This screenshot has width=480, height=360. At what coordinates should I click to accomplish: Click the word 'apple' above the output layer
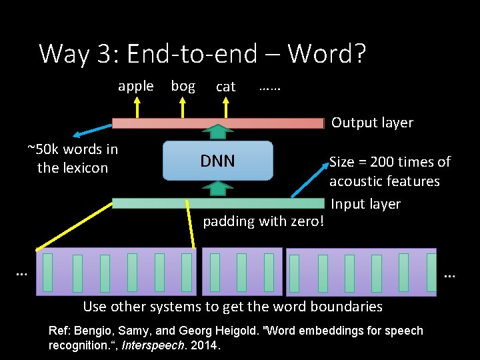(x=135, y=86)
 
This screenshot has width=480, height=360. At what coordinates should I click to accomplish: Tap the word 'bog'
(x=183, y=86)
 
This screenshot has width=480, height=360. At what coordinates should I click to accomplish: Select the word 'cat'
(x=226, y=87)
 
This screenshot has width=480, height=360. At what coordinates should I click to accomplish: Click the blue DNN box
(x=218, y=161)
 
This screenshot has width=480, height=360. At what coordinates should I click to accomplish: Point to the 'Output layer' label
(x=372, y=123)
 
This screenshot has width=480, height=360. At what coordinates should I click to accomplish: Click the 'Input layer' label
(x=365, y=204)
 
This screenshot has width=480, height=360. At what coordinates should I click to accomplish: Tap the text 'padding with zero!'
(x=263, y=221)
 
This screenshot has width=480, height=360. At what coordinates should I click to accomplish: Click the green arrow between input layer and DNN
(x=218, y=188)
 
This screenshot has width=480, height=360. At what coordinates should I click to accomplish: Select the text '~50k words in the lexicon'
(x=73, y=159)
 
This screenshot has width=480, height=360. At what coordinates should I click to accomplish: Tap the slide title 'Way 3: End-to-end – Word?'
(x=203, y=53)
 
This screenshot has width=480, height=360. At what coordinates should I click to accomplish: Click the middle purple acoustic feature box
(x=241, y=271)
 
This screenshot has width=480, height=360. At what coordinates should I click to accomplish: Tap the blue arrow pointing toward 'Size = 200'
(x=310, y=178)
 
